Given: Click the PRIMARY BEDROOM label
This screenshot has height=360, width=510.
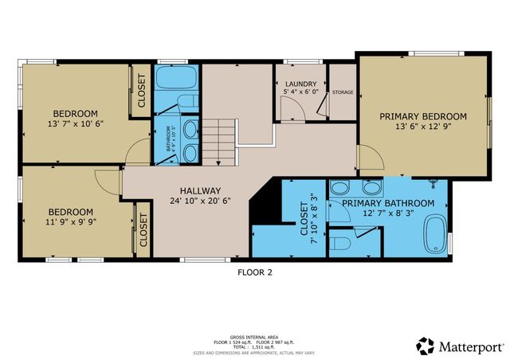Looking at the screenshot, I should [x=423, y=116].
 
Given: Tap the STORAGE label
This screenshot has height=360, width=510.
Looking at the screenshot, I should [x=343, y=92].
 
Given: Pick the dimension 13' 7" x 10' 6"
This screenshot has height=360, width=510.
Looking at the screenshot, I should [x=75, y=125].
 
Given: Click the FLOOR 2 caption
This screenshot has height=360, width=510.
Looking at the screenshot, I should [x=255, y=272].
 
